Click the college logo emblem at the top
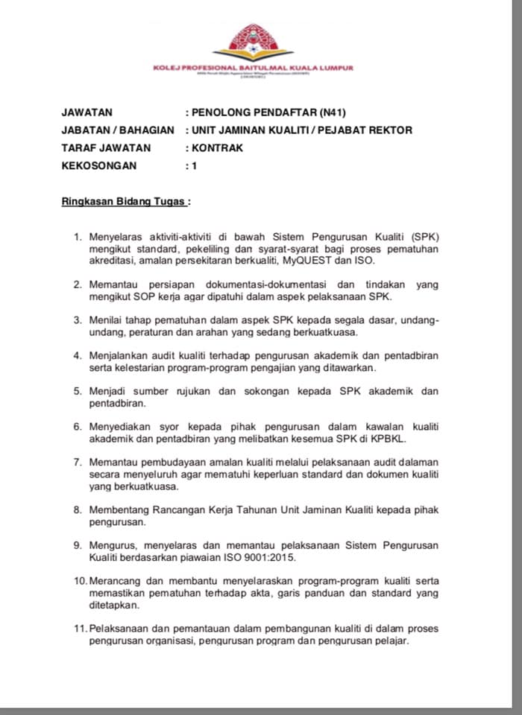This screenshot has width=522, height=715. pos(254,41)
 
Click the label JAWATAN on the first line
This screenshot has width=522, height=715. pos(87,112)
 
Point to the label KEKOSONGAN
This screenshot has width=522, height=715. pos(98,166)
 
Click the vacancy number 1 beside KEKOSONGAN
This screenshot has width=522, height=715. pos(195,166)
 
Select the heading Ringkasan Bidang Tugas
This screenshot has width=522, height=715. pos(124,202)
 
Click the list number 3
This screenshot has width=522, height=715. pos(77,320)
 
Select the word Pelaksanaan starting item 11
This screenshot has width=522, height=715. pos(124,629)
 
